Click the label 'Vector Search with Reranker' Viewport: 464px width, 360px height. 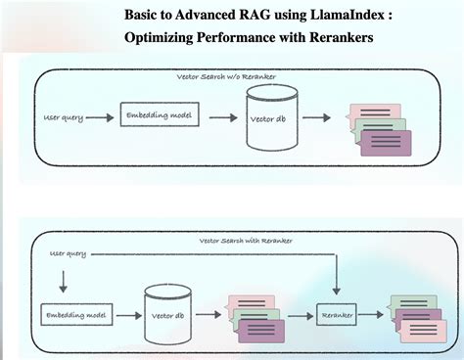pos(246,240)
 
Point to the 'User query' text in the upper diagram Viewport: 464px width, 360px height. pos(65,117)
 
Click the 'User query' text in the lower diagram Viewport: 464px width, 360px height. pos(68,253)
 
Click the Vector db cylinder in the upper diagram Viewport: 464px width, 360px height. pos(271,118)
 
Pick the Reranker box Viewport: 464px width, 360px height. pos(336,315)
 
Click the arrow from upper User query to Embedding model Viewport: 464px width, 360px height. pos(99,117)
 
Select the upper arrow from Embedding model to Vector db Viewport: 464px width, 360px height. pos(222,117)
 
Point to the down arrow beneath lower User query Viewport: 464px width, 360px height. pos(64,282)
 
